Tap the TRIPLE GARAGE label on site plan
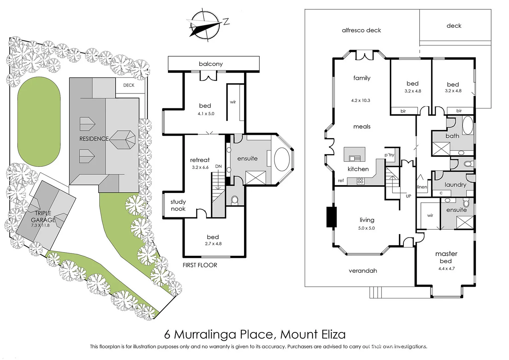tap(43, 217)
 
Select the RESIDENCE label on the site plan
tap(94, 139)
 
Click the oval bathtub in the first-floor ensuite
tap(283, 159)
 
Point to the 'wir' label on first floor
tap(233, 102)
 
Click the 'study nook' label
tap(178, 205)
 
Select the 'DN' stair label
tap(218, 166)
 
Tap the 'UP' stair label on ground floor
tap(408, 196)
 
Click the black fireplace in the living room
tap(331, 217)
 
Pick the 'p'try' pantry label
tap(389, 155)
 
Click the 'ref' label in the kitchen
tap(341, 181)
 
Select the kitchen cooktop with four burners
tap(360, 181)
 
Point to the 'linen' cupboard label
tap(422, 187)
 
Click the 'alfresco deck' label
tap(361, 30)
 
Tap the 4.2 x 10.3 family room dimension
tap(360, 100)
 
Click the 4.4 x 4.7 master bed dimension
tap(446, 269)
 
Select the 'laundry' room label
tap(455, 185)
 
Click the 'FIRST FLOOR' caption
tap(200, 265)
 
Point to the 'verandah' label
tap(363, 271)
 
